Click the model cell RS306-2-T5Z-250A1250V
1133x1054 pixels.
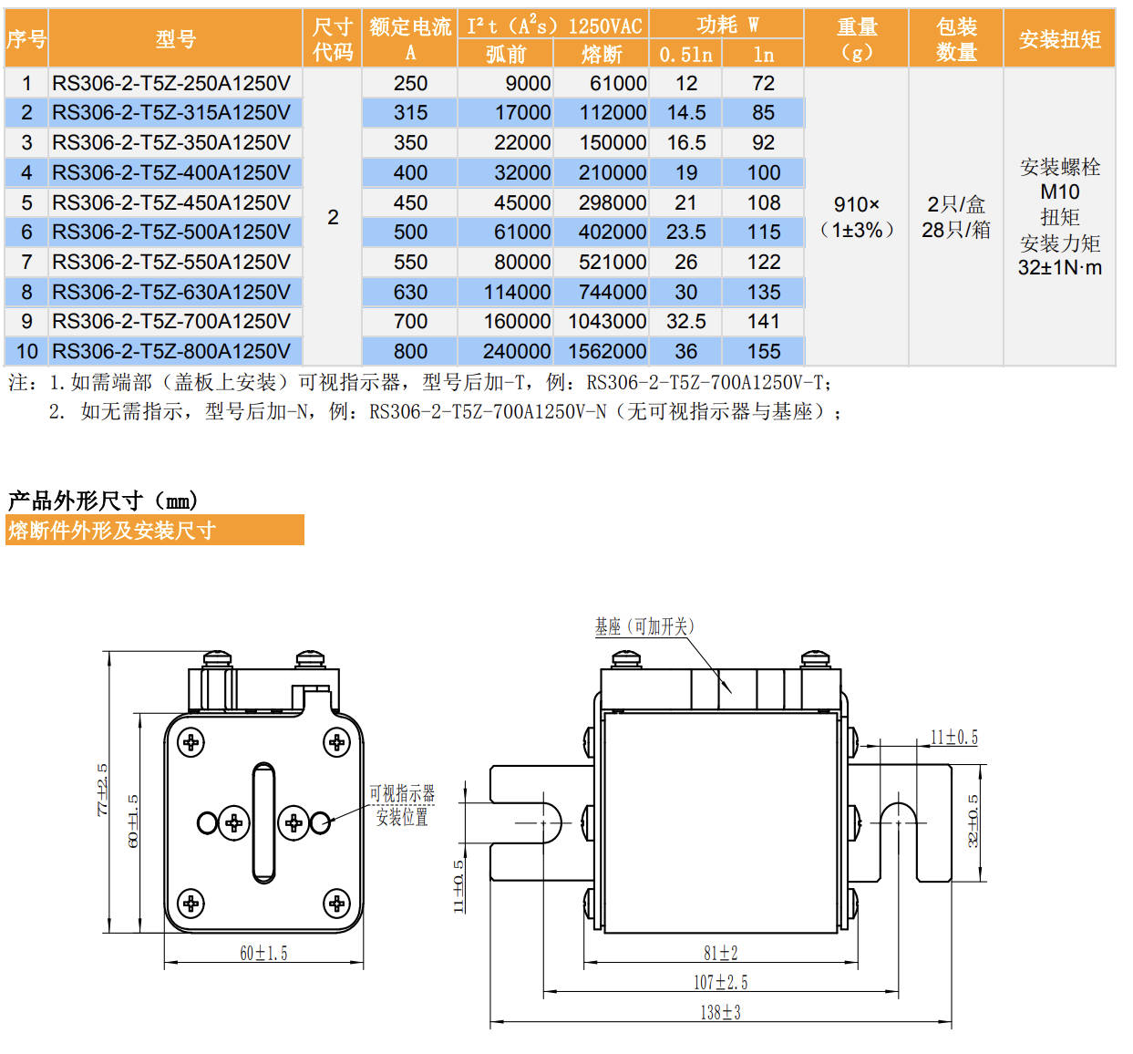pos(171,83)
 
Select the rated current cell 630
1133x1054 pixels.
pos(410,292)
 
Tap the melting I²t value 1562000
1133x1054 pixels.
pos(607,351)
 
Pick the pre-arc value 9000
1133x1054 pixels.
pos(528,83)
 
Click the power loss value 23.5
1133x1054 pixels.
pos(685,232)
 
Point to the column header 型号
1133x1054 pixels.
pos(175,39)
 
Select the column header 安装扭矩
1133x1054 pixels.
pos(1059,39)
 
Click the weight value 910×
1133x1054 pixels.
pos(856,204)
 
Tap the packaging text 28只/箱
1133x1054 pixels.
pos(955,230)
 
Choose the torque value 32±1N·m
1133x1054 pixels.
pos(1059,268)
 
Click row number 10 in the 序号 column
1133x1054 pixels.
pos(26,351)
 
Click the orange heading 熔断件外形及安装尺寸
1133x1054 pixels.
pos(112,530)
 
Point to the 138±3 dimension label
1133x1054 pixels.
pos(720,1012)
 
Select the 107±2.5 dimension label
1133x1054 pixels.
pos(720,982)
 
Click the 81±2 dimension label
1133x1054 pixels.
pos(720,953)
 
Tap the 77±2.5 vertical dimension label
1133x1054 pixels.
pos(103,790)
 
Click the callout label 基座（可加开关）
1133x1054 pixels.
pos(644,626)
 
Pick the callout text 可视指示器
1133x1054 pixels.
pos(402,793)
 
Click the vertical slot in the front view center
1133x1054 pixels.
pos(263,822)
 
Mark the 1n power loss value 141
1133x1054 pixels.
pos(763,321)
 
